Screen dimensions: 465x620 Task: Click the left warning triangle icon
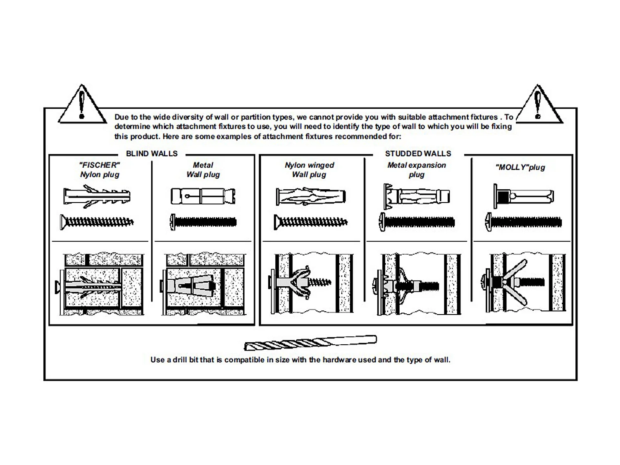tap(82, 105)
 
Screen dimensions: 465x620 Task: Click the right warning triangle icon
tap(538, 106)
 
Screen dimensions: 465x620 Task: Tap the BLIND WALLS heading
tap(152, 154)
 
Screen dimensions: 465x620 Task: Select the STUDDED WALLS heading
tap(418, 154)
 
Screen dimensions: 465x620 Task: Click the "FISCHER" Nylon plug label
tap(100, 169)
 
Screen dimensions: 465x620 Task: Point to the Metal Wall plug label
tap(203, 169)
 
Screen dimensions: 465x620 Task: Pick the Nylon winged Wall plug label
tap(309, 169)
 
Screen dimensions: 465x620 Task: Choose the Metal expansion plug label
tap(417, 169)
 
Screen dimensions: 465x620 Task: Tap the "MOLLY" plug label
tap(520, 167)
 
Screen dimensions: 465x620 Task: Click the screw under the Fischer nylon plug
tap(97, 222)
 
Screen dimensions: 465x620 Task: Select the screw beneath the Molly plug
tap(523, 222)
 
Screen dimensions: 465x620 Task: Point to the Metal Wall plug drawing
tap(203, 196)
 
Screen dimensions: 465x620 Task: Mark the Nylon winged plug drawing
tap(310, 196)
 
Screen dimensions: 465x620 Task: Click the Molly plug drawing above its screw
tap(523, 196)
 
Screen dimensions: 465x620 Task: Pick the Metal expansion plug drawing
tap(417, 196)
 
